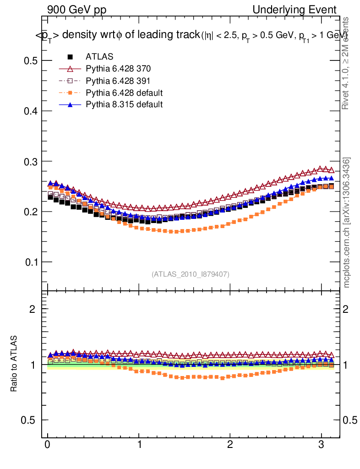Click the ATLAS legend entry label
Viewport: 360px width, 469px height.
[99, 57]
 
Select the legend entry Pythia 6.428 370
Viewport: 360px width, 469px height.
[118, 69]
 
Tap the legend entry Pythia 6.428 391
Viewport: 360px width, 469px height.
[118, 81]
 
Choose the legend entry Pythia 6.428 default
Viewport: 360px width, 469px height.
[124, 93]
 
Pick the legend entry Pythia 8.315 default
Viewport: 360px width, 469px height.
[124, 104]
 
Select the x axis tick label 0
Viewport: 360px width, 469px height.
[48, 445]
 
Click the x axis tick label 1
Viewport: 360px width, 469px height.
[139, 445]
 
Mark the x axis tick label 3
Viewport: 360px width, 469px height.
[321, 445]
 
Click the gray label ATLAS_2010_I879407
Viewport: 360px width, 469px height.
[191, 274]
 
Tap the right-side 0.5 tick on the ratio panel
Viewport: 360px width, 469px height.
[351, 420]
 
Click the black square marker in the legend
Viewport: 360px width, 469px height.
[70, 57]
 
